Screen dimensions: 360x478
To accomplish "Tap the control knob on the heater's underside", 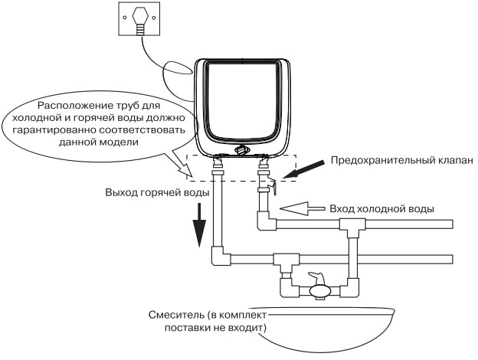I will click(243, 151).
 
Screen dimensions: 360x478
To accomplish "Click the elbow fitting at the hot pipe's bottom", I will click(218, 258).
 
